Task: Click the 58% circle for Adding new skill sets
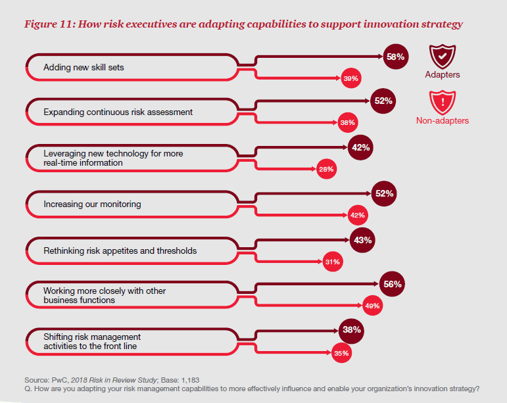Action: pyautogui.click(x=395, y=57)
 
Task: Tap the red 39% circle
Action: pyautogui.click(x=350, y=79)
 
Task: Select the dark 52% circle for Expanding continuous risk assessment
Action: pyautogui.click(x=383, y=101)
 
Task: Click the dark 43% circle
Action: pyautogui.click(x=362, y=241)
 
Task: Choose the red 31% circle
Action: pyautogui.click(x=332, y=262)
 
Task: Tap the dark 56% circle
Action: pyautogui.click(x=391, y=285)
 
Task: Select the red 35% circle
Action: pyautogui.click(x=341, y=353)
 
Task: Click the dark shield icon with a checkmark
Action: pyautogui.click(x=442, y=57)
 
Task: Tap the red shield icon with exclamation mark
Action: pyautogui.click(x=442, y=103)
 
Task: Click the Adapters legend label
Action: pyautogui.click(x=443, y=75)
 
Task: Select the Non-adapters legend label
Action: pyautogui.click(x=443, y=121)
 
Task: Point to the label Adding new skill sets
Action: pyautogui.click(x=84, y=67)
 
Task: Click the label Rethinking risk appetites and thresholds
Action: pyautogui.click(x=120, y=250)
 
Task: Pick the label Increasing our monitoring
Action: pyautogui.click(x=93, y=204)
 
